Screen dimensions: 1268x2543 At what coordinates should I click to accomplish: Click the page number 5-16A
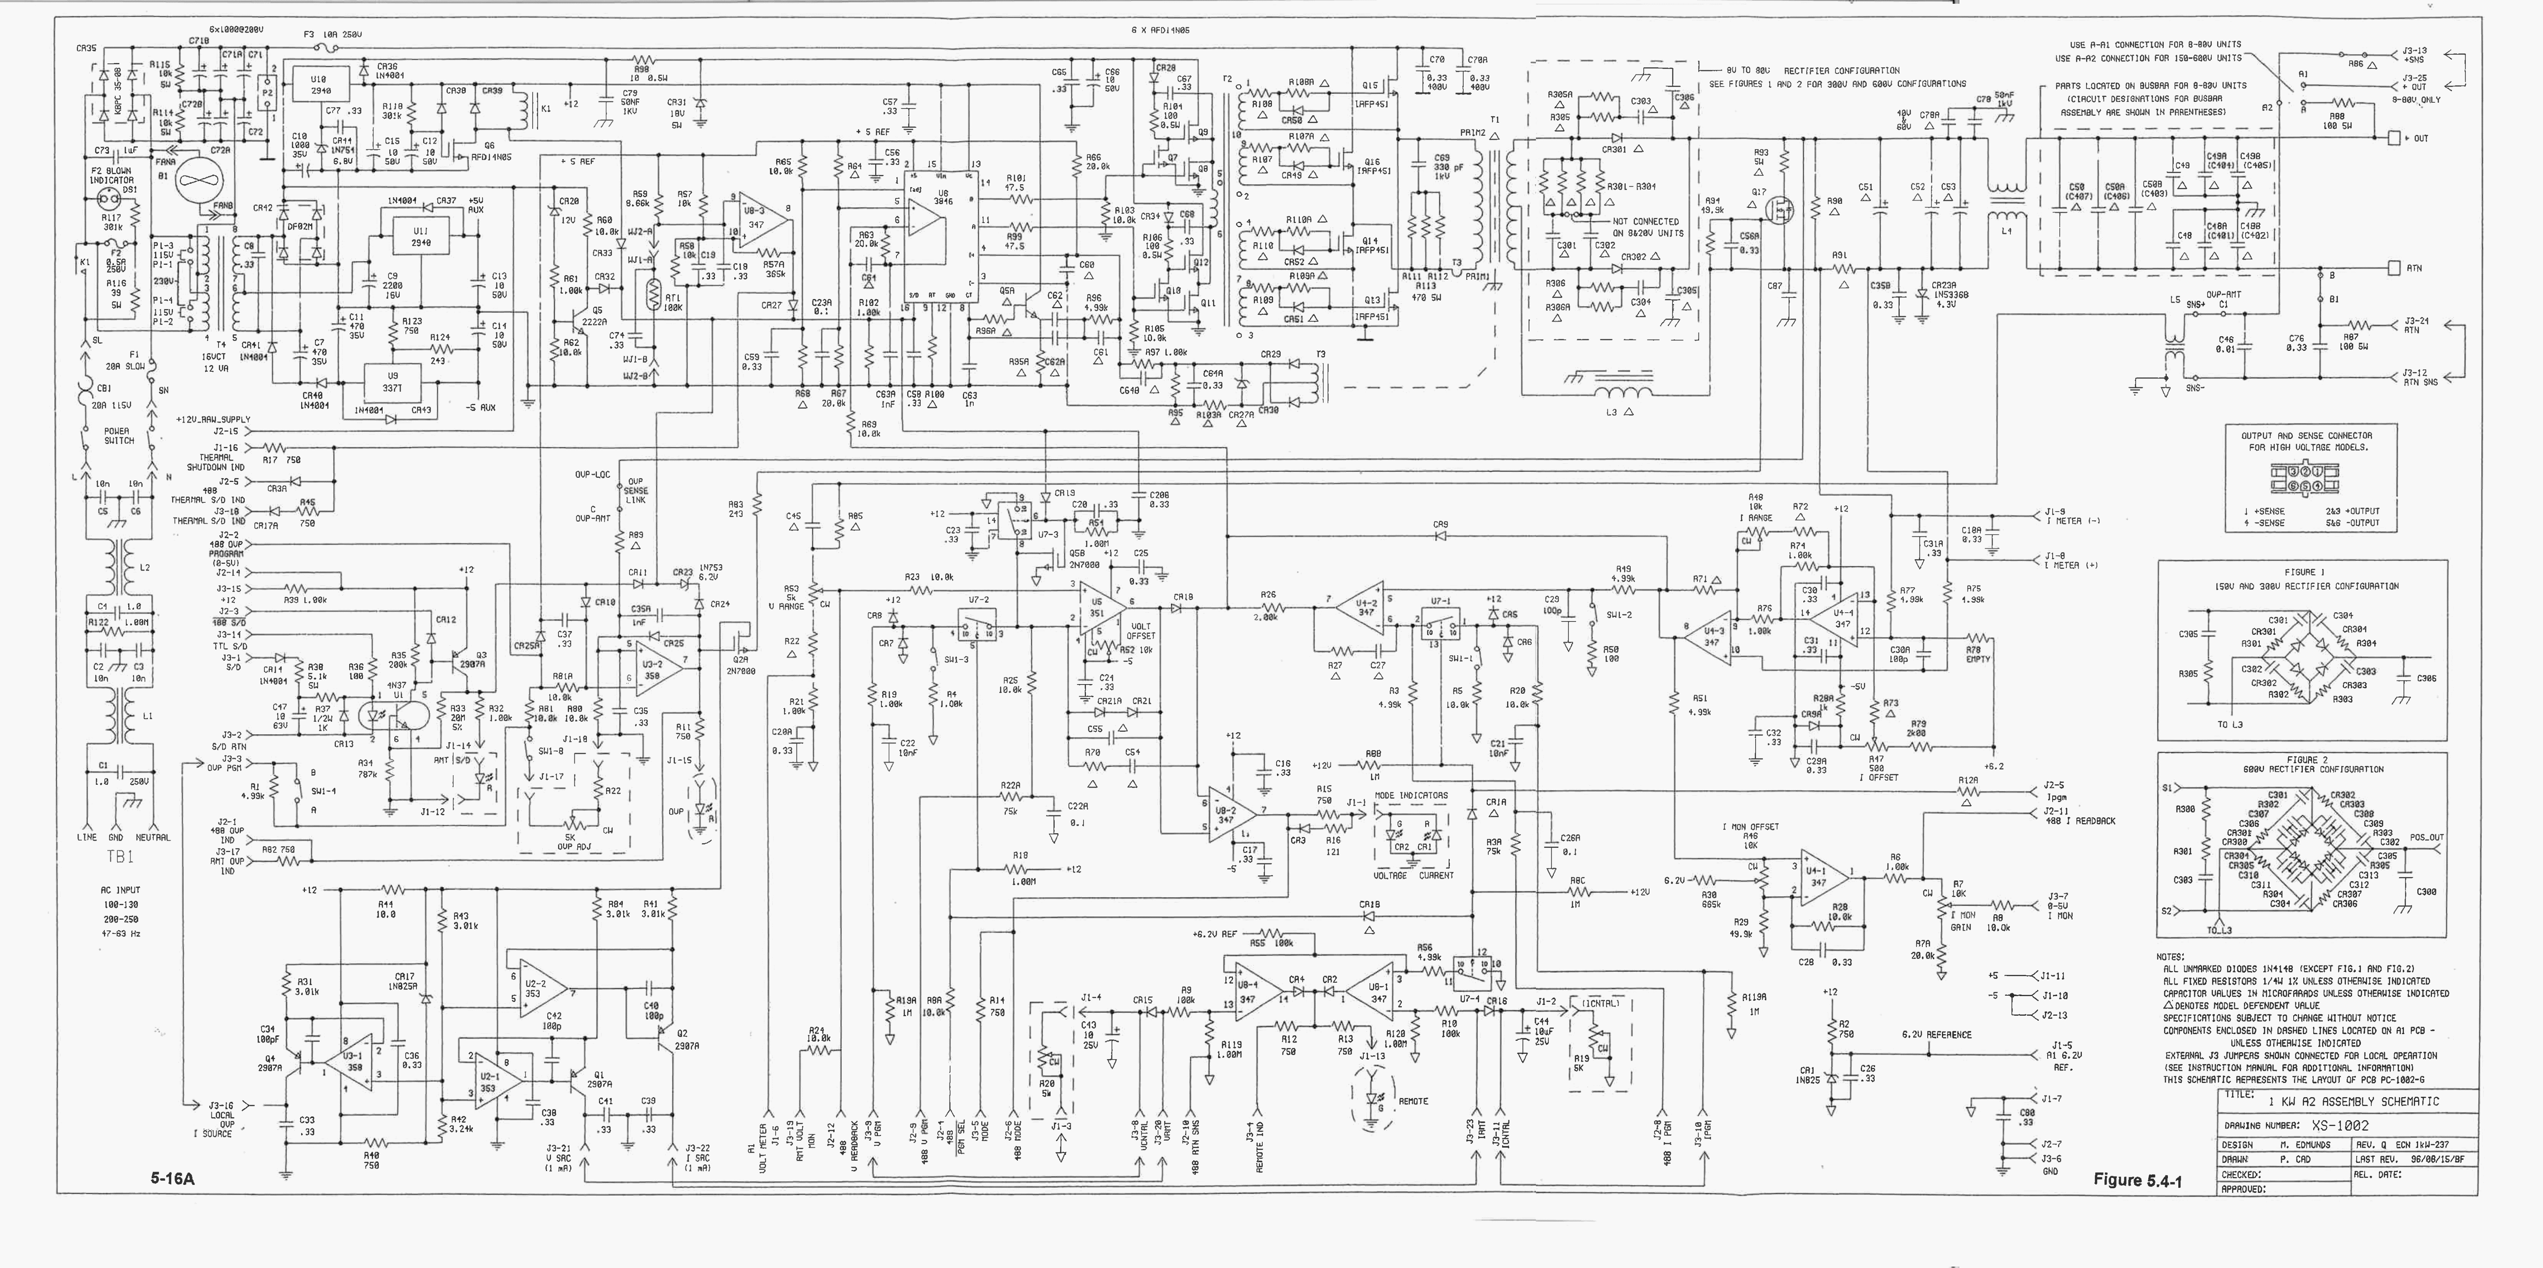point(173,1177)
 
